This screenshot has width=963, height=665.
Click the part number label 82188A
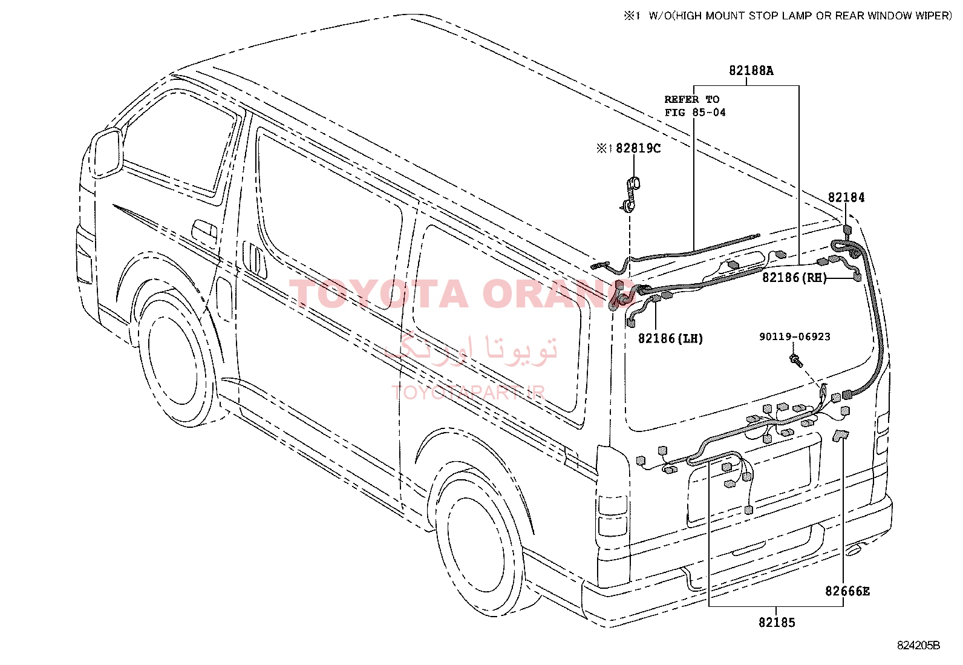click(751, 71)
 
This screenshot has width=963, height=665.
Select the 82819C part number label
click(638, 148)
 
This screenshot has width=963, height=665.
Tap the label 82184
click(846, 197)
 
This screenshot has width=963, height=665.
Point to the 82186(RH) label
click(794, 278)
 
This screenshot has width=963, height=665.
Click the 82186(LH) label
click(670, 339)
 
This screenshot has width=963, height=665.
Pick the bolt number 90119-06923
click(794, 337)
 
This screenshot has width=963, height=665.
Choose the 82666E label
click(847, 591)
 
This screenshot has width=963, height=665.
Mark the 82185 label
click(777, 623)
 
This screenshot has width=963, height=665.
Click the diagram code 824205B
click(918, 646)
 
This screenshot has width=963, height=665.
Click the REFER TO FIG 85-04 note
click(695, 106)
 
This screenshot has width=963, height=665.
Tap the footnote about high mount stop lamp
click(788, 16)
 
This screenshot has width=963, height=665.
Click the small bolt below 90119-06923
click(796, 361)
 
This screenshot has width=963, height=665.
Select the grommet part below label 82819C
click(631, 194)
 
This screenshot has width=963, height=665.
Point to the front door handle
click(204, 231)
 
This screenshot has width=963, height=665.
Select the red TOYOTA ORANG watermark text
click(462, 294)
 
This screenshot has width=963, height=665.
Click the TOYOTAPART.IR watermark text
click(468, 393)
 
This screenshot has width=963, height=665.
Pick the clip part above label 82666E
click(840, 436)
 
